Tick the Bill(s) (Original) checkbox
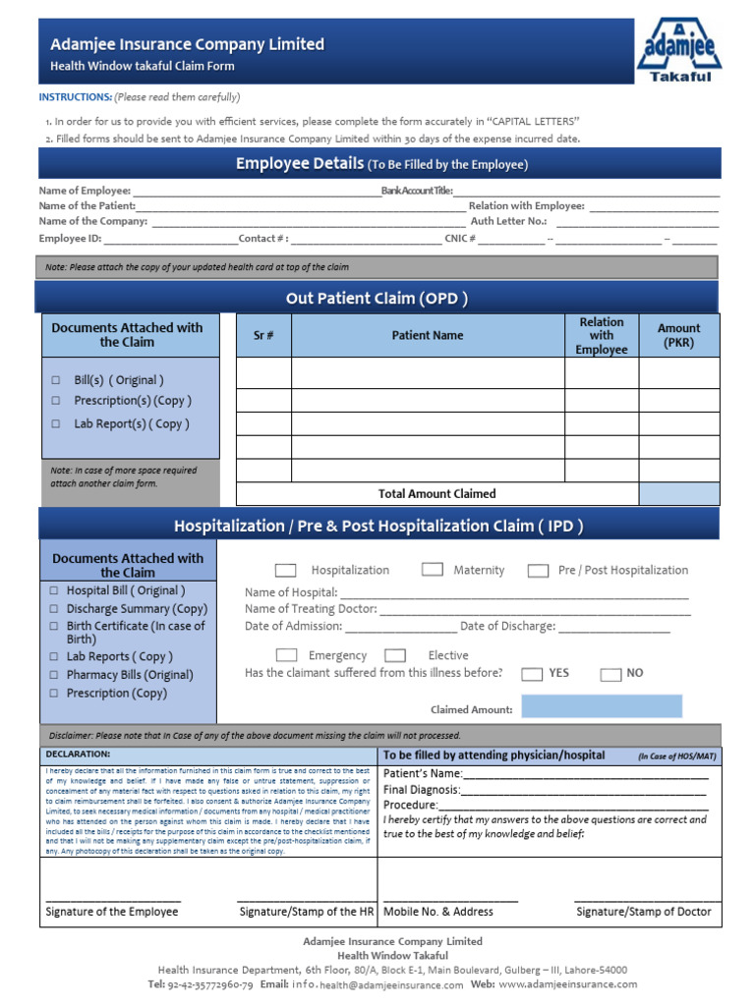coord(56,380)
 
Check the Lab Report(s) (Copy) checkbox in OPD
coord(56,424)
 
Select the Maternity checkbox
coord(432,570)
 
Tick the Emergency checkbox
coord(286,655)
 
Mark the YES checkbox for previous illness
coord(532,674)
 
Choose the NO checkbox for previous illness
coord(610,674)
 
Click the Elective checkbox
coord(395,655)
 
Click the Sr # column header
coord(263,335)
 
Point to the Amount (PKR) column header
coord(678,335)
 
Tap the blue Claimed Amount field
coord(601,706)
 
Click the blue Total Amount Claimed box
coord(678,493)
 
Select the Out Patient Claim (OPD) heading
coord(377,298)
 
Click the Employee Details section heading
coord(381,164)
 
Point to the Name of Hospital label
coord(290,592)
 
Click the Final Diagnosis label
coord(421,789)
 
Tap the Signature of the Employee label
coord(112,912)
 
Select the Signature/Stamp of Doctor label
coord(643,912)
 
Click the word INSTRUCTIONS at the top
coord(75,97)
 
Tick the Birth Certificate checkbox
coord(54,627)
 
